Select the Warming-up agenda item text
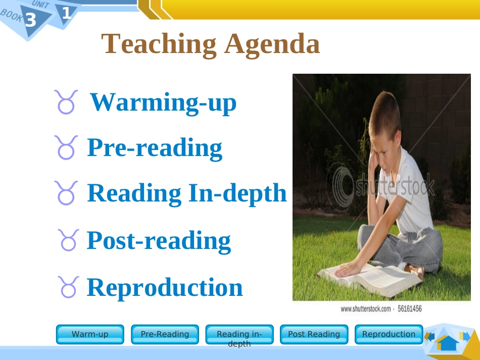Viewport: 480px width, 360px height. (163, 102)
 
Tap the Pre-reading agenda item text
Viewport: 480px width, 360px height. (155, 147)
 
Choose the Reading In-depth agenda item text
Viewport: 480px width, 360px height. (187, 193)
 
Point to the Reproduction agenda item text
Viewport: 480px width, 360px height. (165, 287)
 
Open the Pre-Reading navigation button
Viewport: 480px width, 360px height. (165, 334)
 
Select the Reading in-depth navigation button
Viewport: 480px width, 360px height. (239, 334)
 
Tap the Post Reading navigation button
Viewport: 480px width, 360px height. (314, 334)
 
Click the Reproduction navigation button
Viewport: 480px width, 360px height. (389, 334)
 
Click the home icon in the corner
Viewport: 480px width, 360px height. (447, 342)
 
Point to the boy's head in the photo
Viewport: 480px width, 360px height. (383, 116)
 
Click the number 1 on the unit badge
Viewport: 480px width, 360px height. (66, 13)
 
